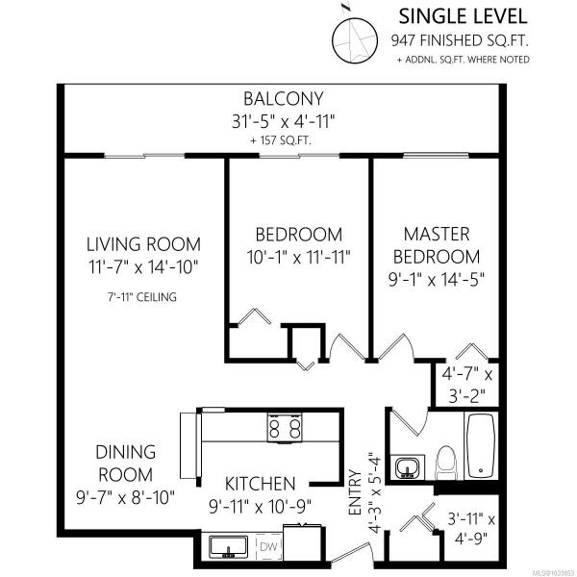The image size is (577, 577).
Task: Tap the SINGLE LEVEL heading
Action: pos(463,16)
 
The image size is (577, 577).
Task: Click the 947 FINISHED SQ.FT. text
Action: pos(460,40)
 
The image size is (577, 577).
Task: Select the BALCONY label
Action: pos(284,99)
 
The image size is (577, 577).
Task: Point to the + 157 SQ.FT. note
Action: pos(281,140)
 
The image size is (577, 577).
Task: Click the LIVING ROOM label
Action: pos(143,244)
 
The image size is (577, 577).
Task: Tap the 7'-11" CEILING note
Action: pos(142,297)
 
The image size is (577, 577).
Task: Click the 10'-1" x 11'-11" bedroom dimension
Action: pos(298,257)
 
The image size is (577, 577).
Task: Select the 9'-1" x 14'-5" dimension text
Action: pos(437,280)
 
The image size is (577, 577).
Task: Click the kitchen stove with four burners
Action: pos(285,428)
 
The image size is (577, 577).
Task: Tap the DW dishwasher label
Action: pos(268,547)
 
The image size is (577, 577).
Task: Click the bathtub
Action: pos(481,445)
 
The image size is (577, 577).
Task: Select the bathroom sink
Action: pos(408,467)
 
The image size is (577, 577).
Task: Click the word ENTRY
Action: pos(355,492)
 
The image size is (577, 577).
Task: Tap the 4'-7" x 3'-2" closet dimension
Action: pos(467,386)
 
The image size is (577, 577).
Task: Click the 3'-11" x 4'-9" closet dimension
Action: pos(471,529)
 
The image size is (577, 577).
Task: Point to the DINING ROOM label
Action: pos(125,464)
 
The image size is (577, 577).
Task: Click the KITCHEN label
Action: pos(260,484)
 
